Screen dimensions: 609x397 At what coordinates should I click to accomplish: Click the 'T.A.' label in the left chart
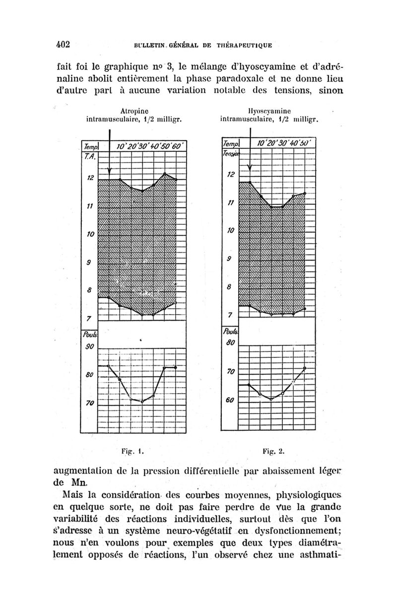coord(89,157)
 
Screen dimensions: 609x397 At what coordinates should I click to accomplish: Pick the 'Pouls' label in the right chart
coord(229,331)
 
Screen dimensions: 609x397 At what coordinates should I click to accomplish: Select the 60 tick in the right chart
coord(229,400)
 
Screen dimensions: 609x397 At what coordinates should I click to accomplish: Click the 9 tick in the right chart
coord(229,259)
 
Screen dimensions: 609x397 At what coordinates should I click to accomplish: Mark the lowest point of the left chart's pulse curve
coord(142,401)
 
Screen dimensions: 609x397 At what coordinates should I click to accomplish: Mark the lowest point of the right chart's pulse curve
coord(271,399)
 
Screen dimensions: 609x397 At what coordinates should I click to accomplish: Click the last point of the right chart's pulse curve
coord(305,368)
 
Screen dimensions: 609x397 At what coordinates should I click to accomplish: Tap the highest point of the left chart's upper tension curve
coord(165,174)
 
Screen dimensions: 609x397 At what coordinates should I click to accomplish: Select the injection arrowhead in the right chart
coord(250,167)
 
